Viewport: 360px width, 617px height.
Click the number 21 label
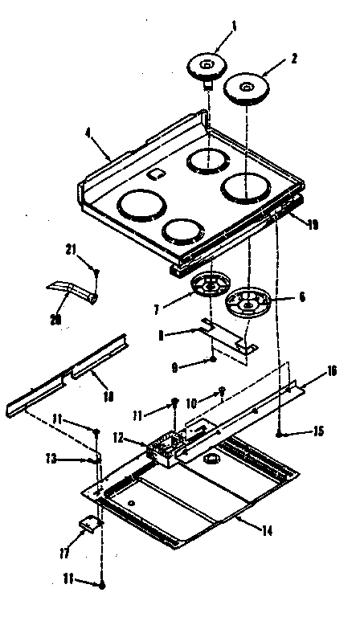coord(71,250)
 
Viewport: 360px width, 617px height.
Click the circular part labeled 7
coord(211,285)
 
